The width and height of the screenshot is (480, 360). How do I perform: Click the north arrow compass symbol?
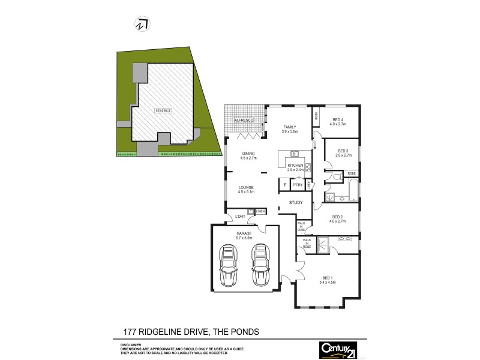pos(143,23)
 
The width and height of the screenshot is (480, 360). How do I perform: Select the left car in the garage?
pos(229,266)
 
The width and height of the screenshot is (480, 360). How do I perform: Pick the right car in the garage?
pos(260,266)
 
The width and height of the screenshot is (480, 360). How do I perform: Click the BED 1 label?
pos(327,277)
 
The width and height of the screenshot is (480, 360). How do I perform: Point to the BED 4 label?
pos(338,119)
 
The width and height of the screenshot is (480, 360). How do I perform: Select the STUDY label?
pos(296,203)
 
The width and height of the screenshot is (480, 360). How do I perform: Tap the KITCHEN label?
pos(295,165)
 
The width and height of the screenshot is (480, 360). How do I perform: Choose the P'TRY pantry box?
pos(296,185)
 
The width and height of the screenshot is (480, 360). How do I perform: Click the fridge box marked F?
pos(284,185)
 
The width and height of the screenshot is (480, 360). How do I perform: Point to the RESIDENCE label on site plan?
pos(163,110)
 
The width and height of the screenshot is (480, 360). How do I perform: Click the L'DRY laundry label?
pos(240,216)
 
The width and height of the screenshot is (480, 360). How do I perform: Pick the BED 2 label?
pos(337,217)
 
